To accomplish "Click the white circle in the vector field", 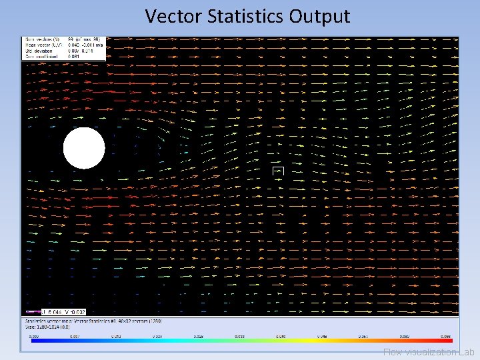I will coord(84,148).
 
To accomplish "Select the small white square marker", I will coord(279,171).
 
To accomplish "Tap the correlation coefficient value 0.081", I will coord(75,57).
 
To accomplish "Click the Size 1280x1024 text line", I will coord(53,327).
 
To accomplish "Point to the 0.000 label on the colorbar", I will coord(35,337).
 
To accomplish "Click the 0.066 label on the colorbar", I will coord(446,337).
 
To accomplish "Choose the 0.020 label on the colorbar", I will coord(158,337).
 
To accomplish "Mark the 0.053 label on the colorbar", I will coord(364,337).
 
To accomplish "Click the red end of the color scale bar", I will coord(448,341).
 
